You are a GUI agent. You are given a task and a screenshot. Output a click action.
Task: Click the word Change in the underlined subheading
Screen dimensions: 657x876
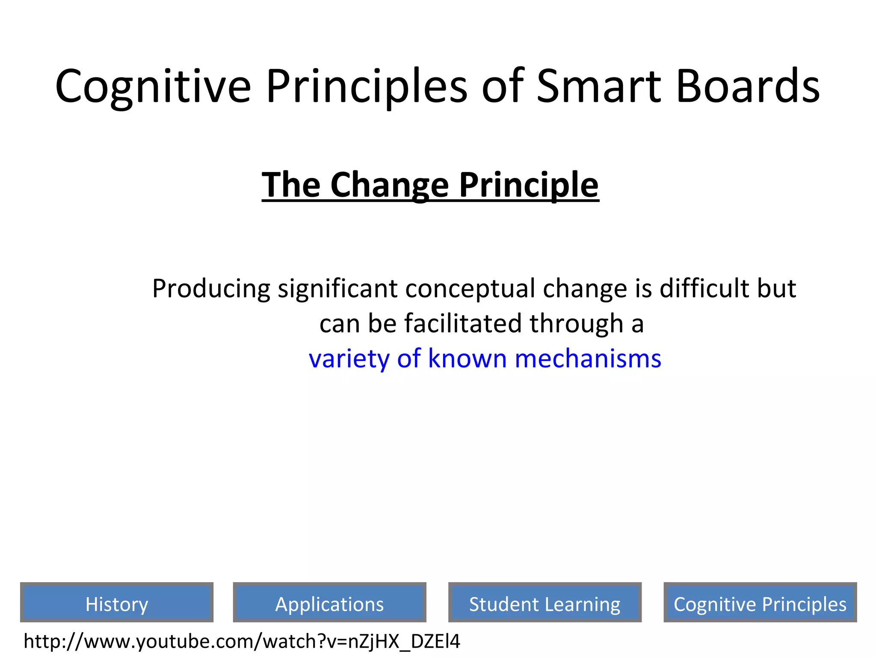pyautogui.click(x=389, y=185)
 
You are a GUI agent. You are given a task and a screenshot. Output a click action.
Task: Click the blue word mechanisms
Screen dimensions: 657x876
pyautogui.click(x=588, y=358)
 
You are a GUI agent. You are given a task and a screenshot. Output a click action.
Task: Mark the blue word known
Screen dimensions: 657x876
pyautogui.click(x=467, y=358)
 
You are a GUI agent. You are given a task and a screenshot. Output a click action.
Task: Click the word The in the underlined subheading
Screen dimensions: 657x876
pyautogui.click(x=291, y=185)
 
